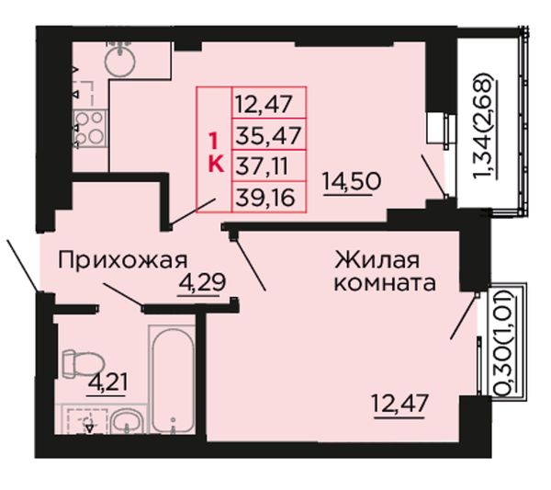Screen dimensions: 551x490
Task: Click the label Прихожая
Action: point(123,261)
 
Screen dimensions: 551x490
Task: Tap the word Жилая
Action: point(377,260)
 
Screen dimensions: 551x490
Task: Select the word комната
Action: point(385,284)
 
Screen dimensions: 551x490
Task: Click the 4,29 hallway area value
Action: point(202,282)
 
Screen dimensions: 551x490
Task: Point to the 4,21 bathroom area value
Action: point(107,382)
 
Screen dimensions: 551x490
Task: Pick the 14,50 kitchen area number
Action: point(352,182)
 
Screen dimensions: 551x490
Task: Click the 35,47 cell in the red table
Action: point(269,135)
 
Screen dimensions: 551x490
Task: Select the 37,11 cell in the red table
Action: point(269,166)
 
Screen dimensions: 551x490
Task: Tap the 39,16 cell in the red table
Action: point(269,198)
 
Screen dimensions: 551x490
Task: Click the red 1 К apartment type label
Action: point(216,154)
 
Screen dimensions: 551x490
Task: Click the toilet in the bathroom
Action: point(83,363)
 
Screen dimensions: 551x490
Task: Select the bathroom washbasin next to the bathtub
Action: point(126,423)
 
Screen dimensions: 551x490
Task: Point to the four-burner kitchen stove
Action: point(90,128)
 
